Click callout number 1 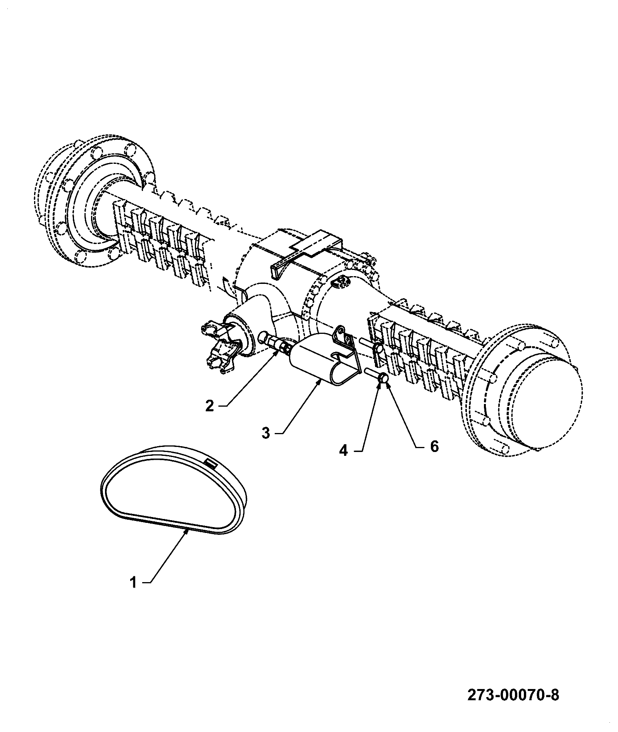133,593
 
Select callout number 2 210,406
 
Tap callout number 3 265,433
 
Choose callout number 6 434,447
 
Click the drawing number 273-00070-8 513,695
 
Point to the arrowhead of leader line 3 319,383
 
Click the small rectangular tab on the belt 211,463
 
